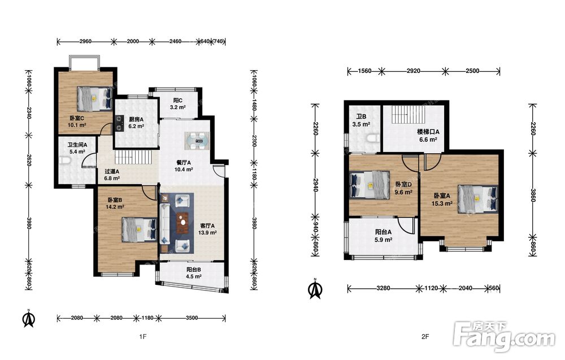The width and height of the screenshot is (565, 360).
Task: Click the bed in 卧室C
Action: [94, 98]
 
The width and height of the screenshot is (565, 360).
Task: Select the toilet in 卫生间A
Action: [65, 161]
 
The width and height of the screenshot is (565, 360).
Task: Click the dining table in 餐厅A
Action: [197, 141]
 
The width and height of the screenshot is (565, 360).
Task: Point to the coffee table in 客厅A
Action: [183, 221]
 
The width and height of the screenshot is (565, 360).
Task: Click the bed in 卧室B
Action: [140, 229]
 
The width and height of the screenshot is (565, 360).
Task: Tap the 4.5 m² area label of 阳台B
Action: [193, 276]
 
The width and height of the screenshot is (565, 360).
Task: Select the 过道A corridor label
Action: [112, 172]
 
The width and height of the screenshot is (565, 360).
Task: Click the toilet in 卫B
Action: [372, 138]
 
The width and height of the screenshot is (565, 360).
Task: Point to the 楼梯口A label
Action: [428, 132]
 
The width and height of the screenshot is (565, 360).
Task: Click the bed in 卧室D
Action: [370, 184]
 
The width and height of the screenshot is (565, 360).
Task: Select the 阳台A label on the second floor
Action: [383, 232]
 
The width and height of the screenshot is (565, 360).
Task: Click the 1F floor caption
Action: [143, 337]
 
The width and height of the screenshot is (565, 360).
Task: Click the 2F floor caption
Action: [425, 337]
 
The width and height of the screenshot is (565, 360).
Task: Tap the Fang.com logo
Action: [505, 337]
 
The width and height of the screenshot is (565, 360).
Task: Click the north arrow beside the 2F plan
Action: [315, 289]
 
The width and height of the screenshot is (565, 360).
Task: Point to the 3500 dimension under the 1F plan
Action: [192, 318]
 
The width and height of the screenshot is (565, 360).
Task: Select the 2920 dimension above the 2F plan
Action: [414, 71]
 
